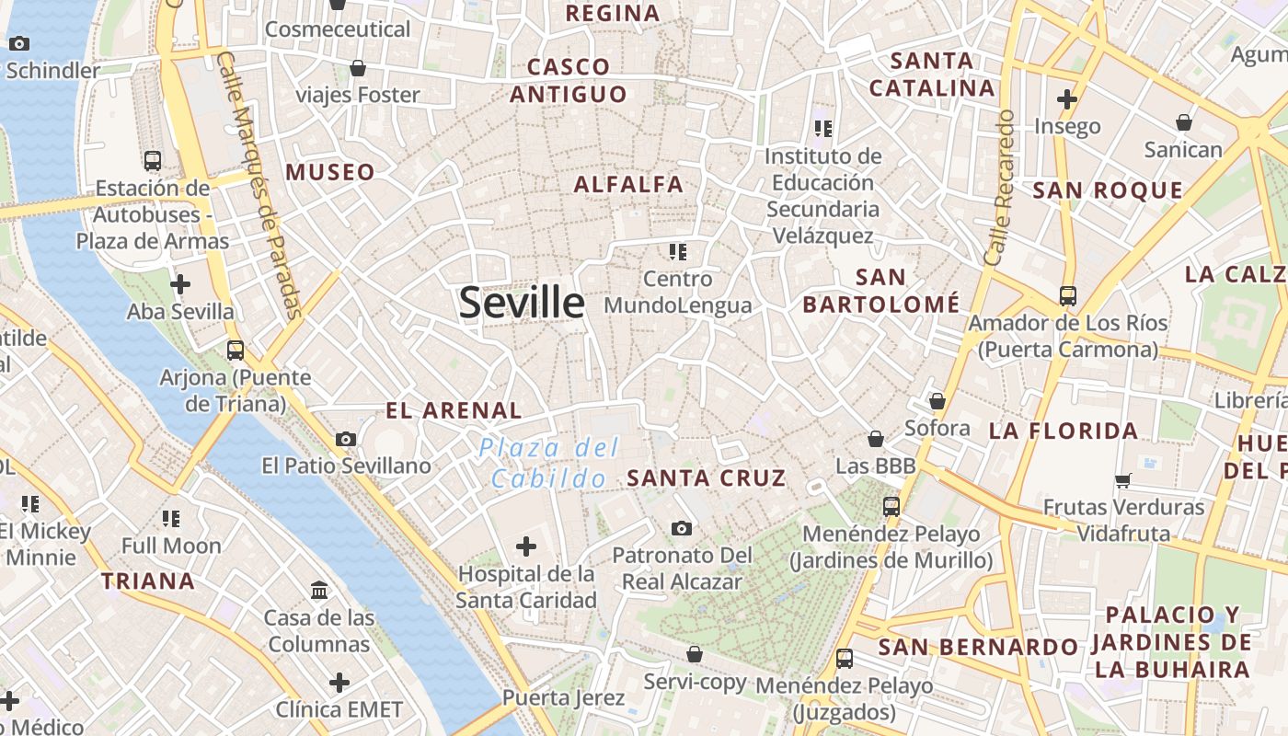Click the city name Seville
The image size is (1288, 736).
[522, 303]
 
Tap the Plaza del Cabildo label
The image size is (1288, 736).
[549, 463]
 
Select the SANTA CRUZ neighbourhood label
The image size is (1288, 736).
[707, 477]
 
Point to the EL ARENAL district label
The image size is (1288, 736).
[454, 410]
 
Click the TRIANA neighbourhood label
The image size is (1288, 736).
[148, 581]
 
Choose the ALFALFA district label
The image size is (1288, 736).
[629, 184]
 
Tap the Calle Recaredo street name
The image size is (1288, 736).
[999, 188]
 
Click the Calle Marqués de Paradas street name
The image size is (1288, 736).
[260, 184]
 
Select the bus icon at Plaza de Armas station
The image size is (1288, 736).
[153, 161]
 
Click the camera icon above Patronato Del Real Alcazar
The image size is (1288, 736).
[681, 528]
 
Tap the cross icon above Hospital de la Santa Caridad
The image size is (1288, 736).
[526, 547]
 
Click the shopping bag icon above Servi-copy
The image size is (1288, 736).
[695, 654]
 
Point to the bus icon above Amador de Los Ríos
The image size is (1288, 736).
[1068, 296]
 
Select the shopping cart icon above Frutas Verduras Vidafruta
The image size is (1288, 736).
[1123, 480]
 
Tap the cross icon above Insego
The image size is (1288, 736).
[1067, 98]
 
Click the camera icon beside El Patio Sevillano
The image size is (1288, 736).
[346, 439]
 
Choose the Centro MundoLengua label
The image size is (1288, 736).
[678, 292]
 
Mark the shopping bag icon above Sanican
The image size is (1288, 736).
[1184, 122]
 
